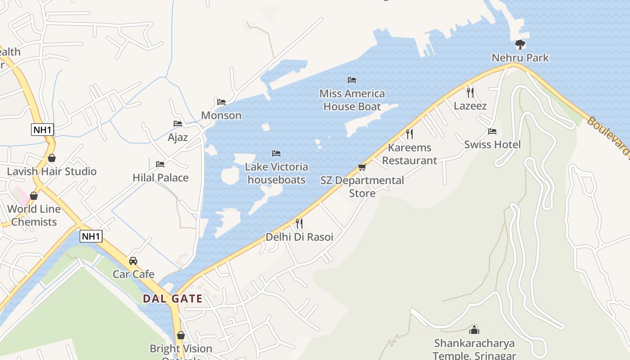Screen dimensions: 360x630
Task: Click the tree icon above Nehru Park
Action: (x=520, y=44)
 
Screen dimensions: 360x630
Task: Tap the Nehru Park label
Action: (x=520, y=58)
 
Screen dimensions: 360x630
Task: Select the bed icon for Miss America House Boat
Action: (x=352, y=80)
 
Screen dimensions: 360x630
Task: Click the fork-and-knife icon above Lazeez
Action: (x=470, y=93)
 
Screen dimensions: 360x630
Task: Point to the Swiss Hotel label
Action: (x=492, y=144)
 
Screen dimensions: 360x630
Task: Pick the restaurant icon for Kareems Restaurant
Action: (x=409, y=134)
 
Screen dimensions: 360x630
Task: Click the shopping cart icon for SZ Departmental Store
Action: (x=362, y=167)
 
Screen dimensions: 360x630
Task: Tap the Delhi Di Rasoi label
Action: (x=299, y=237)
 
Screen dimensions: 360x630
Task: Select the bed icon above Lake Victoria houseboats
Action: (x=276, y=154)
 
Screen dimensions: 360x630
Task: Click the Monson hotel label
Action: (x=221, y=115)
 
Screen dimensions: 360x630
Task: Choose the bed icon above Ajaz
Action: (x=178, y=124)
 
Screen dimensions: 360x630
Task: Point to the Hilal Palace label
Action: (x=160, y=178)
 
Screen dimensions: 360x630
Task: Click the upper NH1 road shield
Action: (x=43, y=130)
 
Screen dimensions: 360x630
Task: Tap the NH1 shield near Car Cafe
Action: (x=91, y=236)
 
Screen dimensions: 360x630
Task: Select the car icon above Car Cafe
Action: (x=133, y=261)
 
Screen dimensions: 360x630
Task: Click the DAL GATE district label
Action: (x=173, y=298)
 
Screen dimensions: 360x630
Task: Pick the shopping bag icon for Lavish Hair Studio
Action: (x=52, y=158)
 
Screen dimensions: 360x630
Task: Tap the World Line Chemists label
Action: (x=34, y=216)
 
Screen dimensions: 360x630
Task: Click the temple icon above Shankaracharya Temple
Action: (x=474, y=330)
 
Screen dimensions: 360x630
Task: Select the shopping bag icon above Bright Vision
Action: (x=181, y=336)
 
